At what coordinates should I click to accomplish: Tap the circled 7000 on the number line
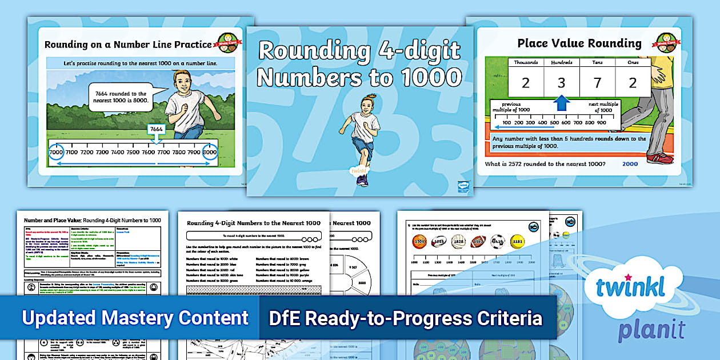[56, 153]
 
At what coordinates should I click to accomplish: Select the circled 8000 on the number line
[210, 153]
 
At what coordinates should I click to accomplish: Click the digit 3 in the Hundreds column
[562, 83]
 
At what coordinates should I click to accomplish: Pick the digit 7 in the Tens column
[597, 83]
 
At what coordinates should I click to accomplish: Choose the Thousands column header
[525, 62]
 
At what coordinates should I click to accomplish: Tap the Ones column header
[633, 62]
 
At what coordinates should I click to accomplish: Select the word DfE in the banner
[289, 318]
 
